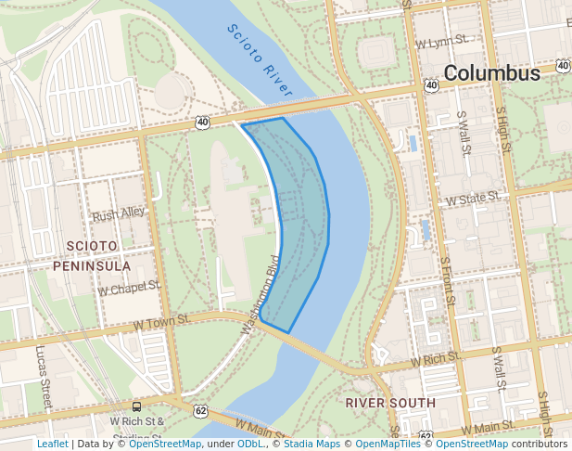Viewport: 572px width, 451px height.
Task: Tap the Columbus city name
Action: coord(491,73)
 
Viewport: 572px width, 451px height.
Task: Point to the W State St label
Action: coord(473,198)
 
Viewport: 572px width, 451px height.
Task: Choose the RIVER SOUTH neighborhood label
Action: coord(389,403)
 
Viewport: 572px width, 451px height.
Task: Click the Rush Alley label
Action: coord(119,213)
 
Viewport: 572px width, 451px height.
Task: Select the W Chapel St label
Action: coord(130,289)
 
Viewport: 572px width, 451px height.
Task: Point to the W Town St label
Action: coord(161,321)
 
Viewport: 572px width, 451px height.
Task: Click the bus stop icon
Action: coord(137,406)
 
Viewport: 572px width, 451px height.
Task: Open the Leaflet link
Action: coord(53,444)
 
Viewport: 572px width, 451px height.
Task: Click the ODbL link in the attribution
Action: coord(250,444)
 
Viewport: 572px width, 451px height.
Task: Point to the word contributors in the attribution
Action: coord(539,444)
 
